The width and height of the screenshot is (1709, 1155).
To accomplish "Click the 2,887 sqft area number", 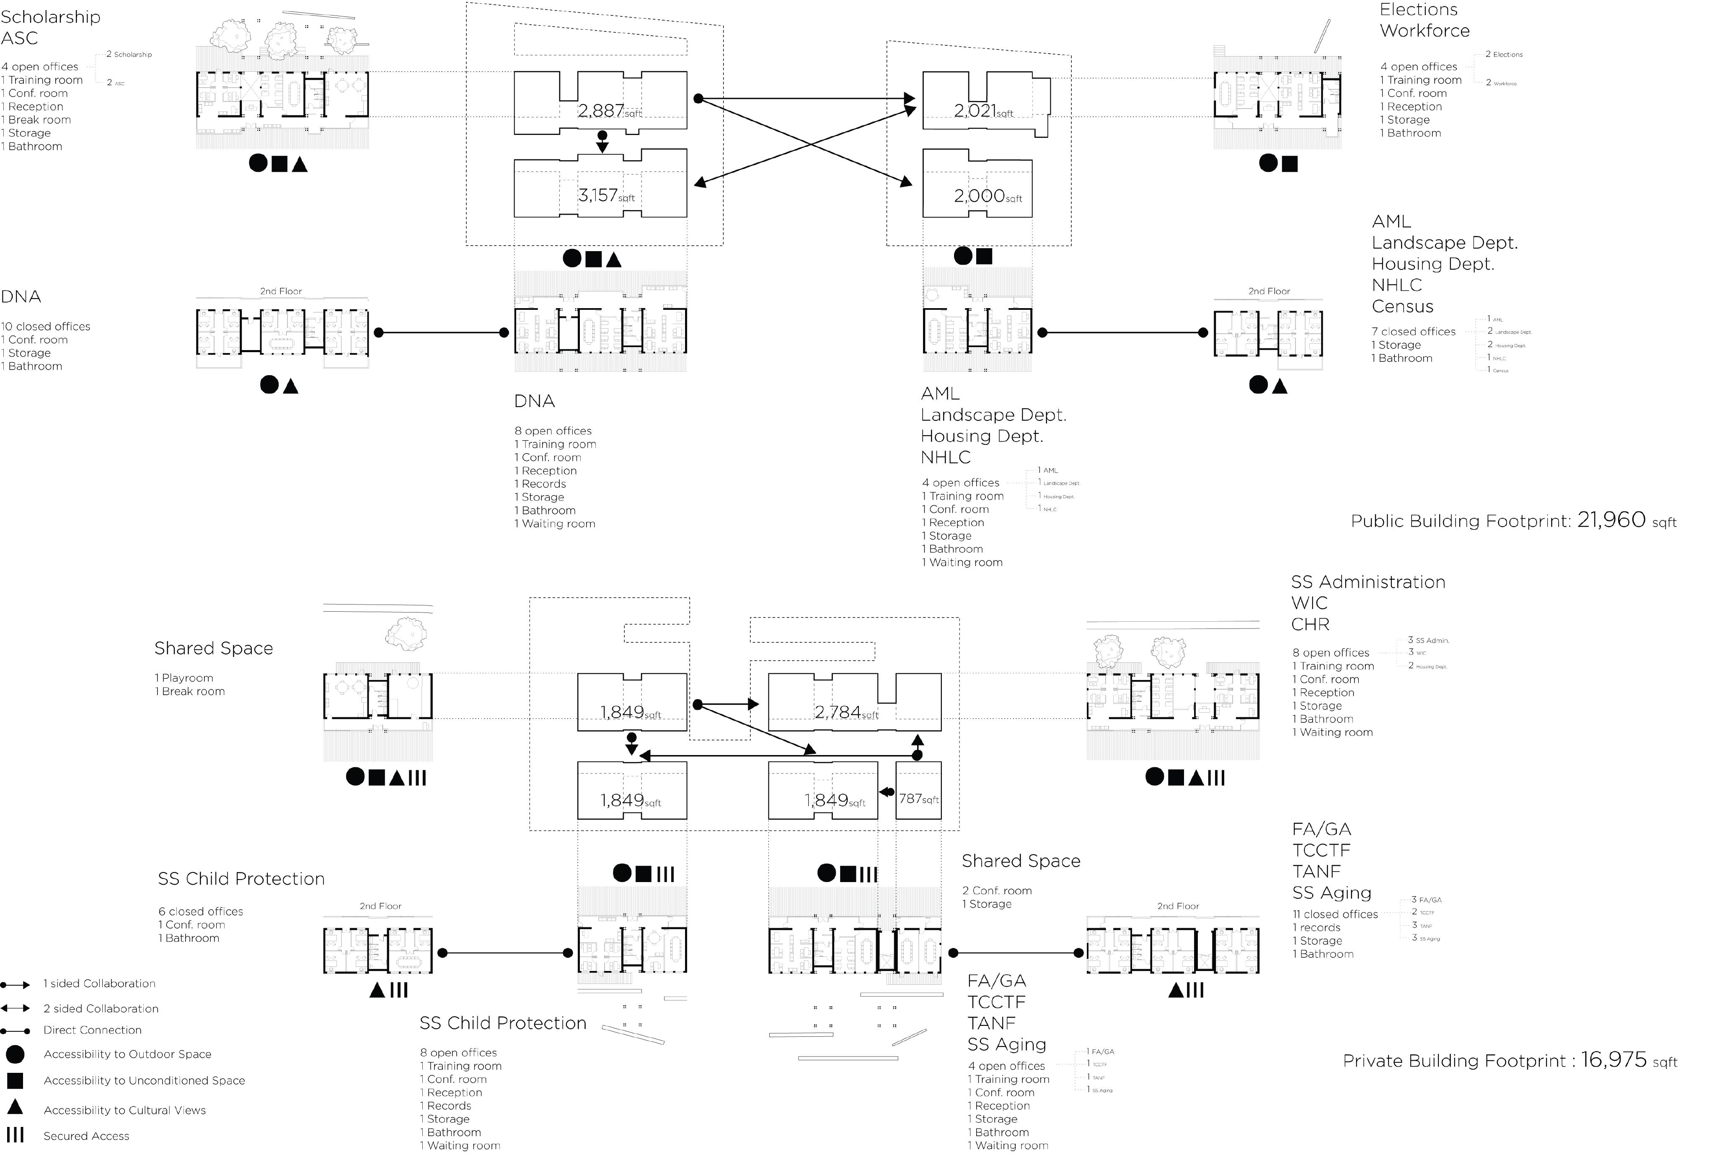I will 601,111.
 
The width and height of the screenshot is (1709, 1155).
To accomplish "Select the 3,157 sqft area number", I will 597,196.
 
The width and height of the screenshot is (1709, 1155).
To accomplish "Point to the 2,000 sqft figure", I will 979,197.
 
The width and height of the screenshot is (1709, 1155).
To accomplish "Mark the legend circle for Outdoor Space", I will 15,1054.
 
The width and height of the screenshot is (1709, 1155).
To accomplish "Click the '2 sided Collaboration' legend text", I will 101,1009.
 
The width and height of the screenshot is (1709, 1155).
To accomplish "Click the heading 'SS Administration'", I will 1368,582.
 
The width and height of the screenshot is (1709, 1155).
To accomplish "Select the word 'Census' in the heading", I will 1402,307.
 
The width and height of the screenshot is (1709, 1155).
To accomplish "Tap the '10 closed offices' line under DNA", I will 46,327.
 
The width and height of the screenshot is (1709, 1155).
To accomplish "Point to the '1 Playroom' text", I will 184,678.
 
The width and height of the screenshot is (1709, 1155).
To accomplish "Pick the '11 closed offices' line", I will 1335,914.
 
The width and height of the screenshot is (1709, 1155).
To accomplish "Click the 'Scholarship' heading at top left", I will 50,17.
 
